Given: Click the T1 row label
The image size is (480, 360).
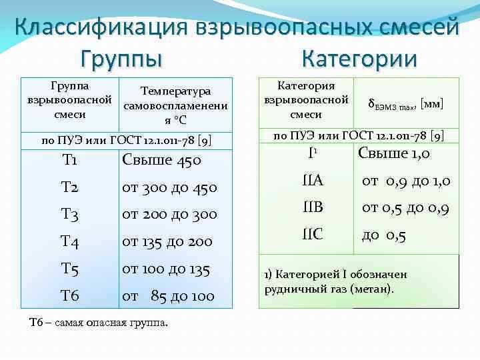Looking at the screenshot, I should pos(69,161).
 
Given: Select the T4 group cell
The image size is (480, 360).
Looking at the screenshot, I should pos(70,242).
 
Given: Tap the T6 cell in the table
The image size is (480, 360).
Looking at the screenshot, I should pos(70,295).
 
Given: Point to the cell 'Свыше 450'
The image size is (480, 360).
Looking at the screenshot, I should pos(161,161).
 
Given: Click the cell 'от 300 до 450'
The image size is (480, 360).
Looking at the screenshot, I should pos(170,188).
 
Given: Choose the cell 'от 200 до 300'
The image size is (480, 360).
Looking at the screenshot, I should pos(170,215).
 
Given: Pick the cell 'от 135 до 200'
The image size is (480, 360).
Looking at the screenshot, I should pos(167,242).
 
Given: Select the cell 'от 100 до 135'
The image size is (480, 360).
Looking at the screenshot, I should pos(166,269).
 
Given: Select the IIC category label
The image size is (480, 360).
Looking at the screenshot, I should pos(311,235).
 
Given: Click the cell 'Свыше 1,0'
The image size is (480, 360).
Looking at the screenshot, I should pos(394,153).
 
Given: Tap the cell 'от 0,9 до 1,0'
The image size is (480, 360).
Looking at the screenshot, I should pos(406,181).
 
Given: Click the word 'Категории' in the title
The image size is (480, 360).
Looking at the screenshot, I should pos(359,58).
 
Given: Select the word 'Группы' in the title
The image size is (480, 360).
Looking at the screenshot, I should pos(122,58).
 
